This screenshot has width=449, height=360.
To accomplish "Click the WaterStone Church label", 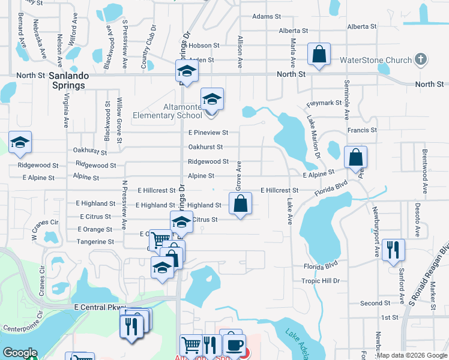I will [x=376, y=60].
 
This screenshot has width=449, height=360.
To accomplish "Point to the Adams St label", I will [x=267, y=17].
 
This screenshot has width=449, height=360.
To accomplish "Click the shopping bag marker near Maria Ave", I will [x=319, y=55].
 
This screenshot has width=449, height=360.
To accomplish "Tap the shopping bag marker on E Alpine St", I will [x=355, y=158].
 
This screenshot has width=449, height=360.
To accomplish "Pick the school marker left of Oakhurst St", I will [x=20, y=143].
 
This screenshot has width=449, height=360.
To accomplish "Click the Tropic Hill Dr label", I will [x=321, y=281].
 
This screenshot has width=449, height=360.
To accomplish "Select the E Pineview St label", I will [x=208, y=132].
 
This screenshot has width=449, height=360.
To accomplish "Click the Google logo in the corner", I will [x=20, y=353].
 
